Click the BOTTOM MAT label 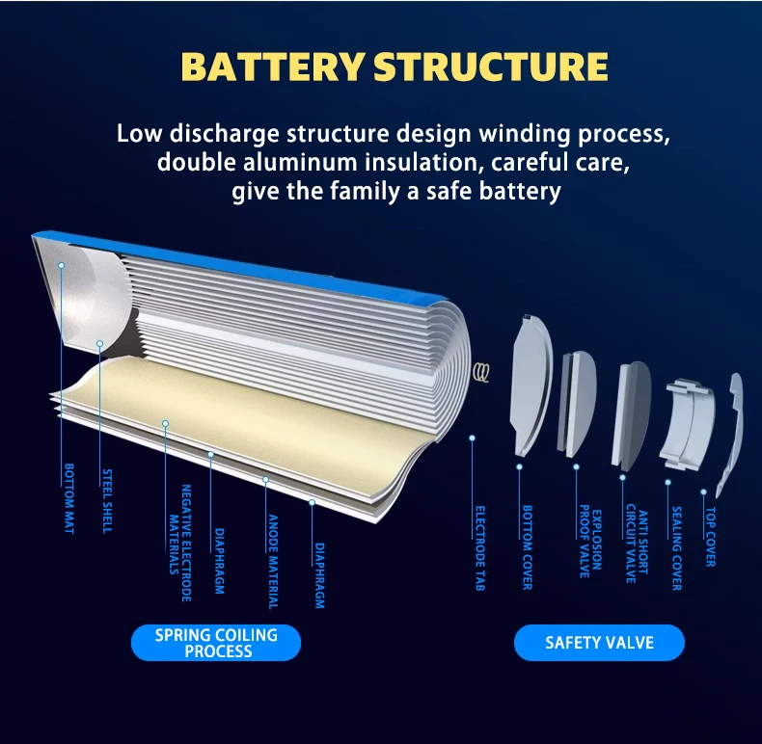coord(68,499)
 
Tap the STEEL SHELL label coord(107,500)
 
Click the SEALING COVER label coord(676,548)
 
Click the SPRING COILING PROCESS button coord(216,643)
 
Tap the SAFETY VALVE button coord(599,643)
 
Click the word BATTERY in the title coord(273,67)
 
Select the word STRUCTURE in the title coord(491,67)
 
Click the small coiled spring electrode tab coord(481,371)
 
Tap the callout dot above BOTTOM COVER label coord(519,466)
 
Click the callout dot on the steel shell coord(99,342)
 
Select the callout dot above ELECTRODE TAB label coord(473,438)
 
